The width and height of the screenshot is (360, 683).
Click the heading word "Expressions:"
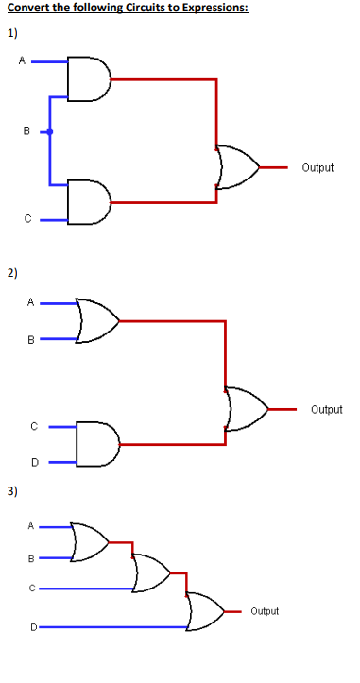click(x=185, y=9)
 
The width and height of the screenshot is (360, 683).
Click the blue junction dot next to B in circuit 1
click(x=51, y=133)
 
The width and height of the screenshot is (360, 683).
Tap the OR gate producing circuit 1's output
click(x=237, y=167)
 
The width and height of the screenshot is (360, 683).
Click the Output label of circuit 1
click(x=317, y=168)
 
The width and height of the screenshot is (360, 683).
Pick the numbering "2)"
click(x=12, y=274)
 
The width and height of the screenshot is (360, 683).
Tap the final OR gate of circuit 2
click(x=246, y=410)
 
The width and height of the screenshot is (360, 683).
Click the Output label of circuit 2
click(x=326, y=410)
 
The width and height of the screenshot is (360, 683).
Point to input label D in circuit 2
click(x=34, y=462)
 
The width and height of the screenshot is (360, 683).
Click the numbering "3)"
click(x=12, y=491)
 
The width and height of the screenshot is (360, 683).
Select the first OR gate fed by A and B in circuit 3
click(x=90, y=541)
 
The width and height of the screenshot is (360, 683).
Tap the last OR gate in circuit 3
click(x=205, y=610)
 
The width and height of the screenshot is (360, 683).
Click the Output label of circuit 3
click(x=265, y=611)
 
